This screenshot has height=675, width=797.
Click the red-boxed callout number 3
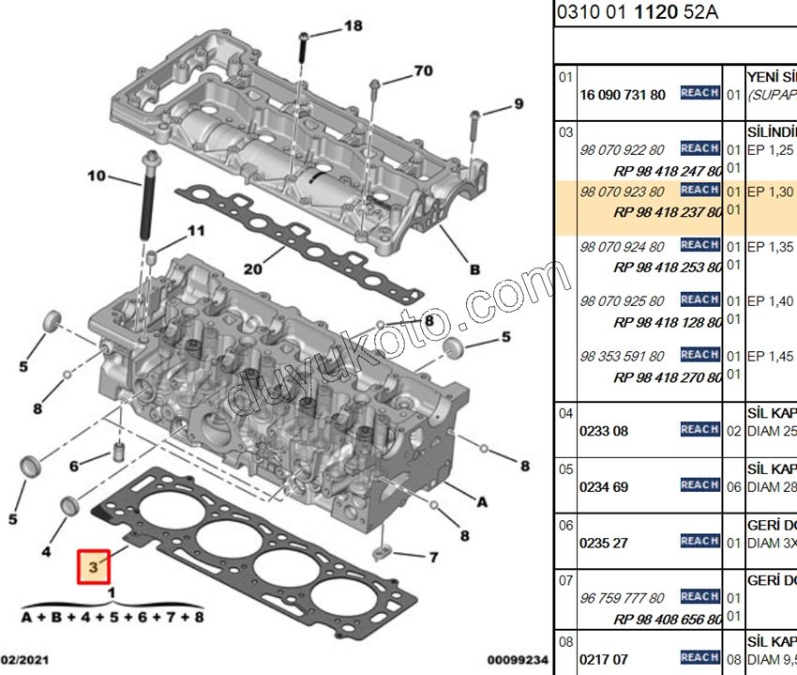[x=94, y=567]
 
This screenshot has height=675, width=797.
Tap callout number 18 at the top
[x=353, y=26]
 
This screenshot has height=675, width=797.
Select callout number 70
[x=423, y=70]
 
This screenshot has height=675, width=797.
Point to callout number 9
[x=518, y=103]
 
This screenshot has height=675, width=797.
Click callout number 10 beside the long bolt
[x=98, y=176]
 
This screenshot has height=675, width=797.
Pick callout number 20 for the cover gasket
[x=252, y=268]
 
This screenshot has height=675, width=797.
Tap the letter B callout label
[x=474, y=269]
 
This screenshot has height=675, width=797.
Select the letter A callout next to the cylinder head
[x=482, y=502]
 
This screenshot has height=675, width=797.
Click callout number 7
[x=433, y=558]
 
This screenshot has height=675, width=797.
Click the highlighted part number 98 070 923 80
[x=622, y=192]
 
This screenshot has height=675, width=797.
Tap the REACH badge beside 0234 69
[x=699, y=485]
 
